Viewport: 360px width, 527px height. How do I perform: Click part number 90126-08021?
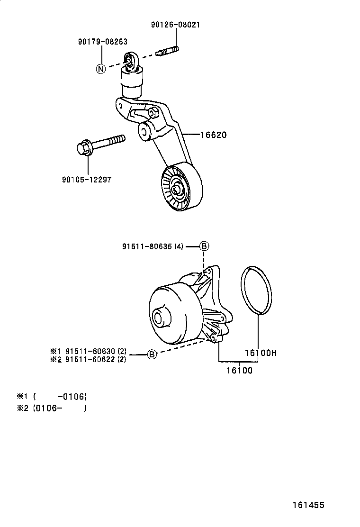[x=175, y=25]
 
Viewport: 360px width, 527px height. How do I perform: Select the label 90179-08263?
[x=103, y=42]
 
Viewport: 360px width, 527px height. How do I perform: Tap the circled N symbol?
[x=100, y=69]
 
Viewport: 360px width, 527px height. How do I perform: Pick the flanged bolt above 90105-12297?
[x=100, y=144]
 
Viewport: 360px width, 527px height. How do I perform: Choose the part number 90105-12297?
[x=87, y=180]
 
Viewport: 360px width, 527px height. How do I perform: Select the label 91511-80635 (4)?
[x=153, y=246]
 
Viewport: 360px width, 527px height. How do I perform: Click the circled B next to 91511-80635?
[x=203, y=246]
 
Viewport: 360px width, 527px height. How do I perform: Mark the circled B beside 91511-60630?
[x=151, y=354]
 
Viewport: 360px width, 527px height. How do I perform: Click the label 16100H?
[x=260, y=353]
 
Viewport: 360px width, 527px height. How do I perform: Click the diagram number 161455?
[x=307, y=505]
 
